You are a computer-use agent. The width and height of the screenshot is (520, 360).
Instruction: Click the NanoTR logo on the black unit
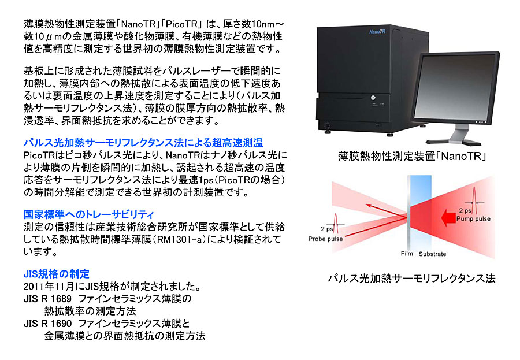coord(377,32)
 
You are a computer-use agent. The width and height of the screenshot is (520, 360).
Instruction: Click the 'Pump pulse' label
coord(473,218)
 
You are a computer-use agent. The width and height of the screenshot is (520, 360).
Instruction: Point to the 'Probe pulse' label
coord(325,239)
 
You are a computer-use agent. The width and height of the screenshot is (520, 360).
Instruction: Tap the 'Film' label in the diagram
coord(407,254)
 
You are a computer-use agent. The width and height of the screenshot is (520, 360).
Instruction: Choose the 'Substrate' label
coord(432,254)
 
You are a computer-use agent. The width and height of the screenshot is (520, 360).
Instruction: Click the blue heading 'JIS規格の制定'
coord(57,274)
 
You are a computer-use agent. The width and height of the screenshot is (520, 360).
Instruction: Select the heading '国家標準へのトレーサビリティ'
coord(89,215)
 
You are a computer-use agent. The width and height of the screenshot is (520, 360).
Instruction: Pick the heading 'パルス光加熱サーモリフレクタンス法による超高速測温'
coord(143,143)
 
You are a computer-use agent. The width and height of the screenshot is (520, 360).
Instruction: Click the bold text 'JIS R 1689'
coord(47,299)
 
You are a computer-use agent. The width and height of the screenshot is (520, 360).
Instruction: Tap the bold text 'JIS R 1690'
coord(47,324)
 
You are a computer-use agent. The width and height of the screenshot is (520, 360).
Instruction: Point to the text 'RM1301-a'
coord(179,240)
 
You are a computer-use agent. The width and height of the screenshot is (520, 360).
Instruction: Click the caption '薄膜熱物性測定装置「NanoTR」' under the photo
coord(412,156)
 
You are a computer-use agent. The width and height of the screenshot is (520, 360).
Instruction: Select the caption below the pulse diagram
coord(411,279)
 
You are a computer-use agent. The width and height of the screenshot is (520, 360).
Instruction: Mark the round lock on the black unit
coord(373,98)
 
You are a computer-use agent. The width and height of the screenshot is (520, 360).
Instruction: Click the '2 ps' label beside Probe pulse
coord(326,229)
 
